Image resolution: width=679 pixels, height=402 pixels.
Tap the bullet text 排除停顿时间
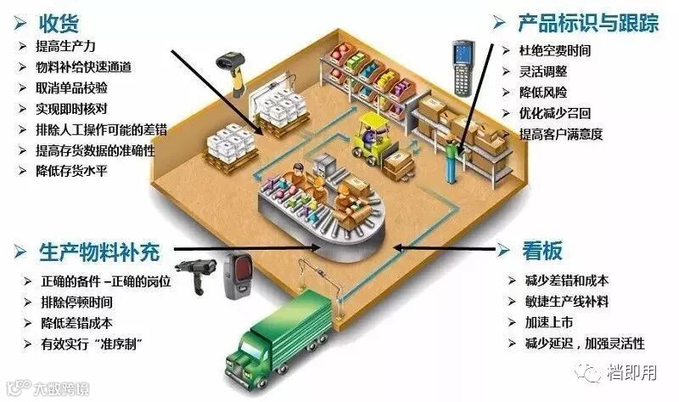76,301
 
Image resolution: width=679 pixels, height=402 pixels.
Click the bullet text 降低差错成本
76,322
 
